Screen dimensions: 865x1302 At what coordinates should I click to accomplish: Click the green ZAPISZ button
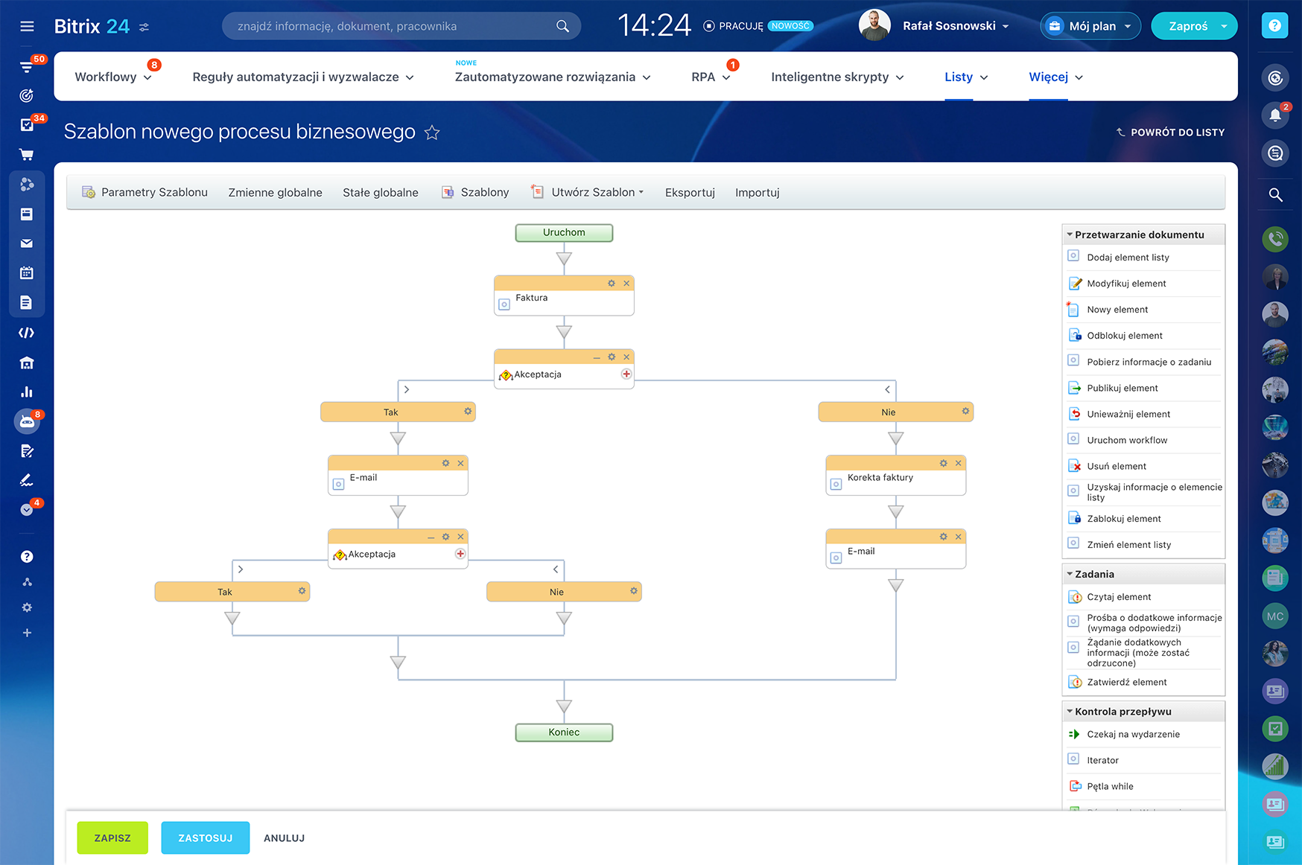tap(112, 837)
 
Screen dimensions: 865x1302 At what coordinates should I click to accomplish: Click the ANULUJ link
tap(284, 838)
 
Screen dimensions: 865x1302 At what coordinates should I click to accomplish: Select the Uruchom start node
tap(564, 233)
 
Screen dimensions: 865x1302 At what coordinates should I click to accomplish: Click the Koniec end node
tap(564, 732)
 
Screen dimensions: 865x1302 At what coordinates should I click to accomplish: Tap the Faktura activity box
tap(564, 299)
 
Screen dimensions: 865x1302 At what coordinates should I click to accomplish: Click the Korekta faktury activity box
tap(895, 479)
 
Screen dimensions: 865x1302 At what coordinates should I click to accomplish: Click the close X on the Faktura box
tap(626, 284)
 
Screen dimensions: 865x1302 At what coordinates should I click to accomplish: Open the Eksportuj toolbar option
tap(690, 193)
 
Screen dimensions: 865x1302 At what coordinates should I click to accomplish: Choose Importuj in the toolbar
tap(757, 193)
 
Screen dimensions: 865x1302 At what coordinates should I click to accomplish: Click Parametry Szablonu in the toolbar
tap(154, 193)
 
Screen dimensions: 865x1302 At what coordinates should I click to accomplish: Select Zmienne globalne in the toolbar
tap(275, 193)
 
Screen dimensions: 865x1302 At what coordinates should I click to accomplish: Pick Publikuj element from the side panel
tap(1122, 388)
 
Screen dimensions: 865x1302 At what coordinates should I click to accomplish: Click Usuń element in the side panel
tap(1116, 466)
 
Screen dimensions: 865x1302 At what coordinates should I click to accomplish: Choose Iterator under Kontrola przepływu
tap(1102, 760)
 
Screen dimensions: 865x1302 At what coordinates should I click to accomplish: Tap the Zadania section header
tap(1095, 574)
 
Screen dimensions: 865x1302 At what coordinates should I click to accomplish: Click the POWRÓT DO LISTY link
tap(1177, 133)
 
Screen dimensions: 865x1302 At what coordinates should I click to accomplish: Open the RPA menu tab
tap(703, 77)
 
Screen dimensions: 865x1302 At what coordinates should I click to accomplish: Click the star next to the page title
tap(432, 133)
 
